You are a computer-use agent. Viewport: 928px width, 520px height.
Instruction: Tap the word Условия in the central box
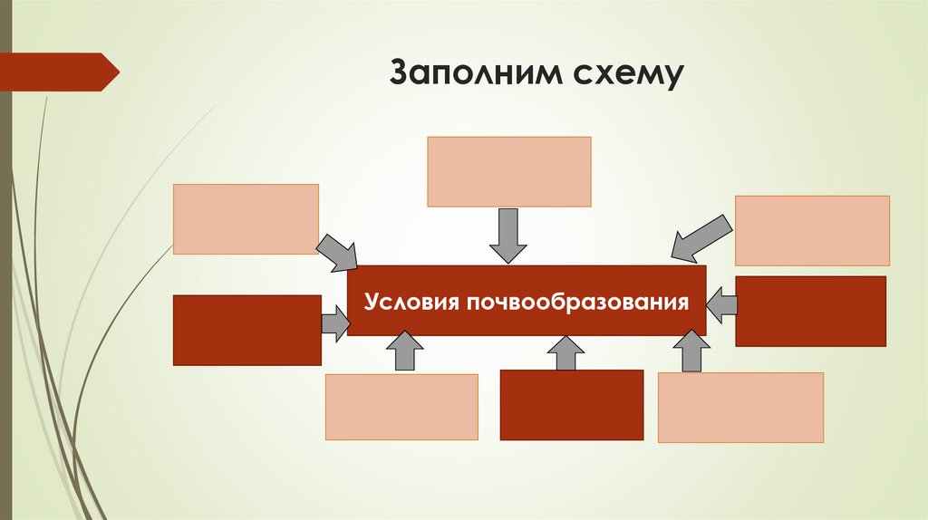[x=412, y=300]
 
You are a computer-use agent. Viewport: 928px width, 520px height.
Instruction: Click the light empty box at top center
[x=509, y=171]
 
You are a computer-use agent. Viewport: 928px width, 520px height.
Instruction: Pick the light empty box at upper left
[x=246, y=218]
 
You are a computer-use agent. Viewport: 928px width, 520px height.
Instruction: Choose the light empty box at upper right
[x=812, y=230]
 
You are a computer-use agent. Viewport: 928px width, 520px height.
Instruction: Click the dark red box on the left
[x=246, y=330]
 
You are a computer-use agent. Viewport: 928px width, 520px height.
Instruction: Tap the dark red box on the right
[x=810, y=311]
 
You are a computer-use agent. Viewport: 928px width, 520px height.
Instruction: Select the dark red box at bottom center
[x=571, y=404]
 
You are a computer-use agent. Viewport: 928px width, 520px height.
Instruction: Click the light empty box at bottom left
[x=401, y=407]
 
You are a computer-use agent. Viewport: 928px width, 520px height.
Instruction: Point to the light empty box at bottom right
[x=740, y=407]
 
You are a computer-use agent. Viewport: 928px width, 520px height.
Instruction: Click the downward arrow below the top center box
[x=508, y=235]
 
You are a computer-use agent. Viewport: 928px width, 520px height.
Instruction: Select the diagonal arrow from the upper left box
[x=337, y=253]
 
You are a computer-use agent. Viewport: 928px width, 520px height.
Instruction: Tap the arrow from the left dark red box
[x=335, y=323]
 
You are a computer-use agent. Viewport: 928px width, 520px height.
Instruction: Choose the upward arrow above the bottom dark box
[x=566, y=352]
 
